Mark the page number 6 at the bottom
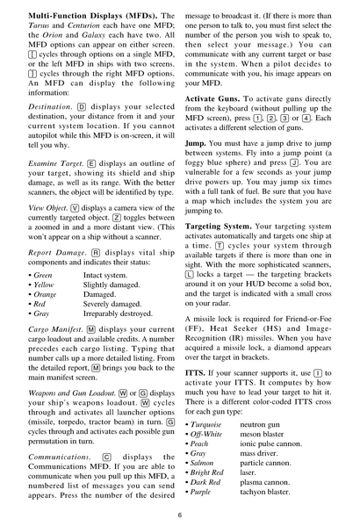[x=180, y=515]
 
